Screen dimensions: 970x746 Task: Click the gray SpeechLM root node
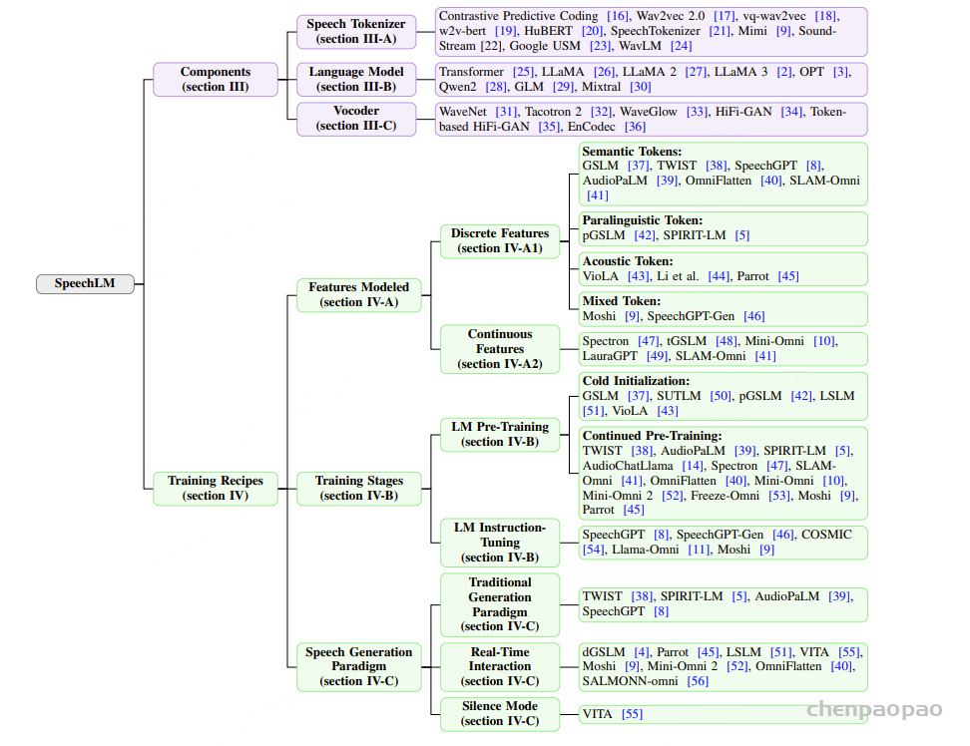click(85, 283)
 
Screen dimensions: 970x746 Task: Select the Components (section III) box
click(216, 79)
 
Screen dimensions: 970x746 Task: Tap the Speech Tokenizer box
click(356, 32)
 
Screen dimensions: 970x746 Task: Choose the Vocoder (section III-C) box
click(356, 119)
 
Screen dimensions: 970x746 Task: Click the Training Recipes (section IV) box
click(216, 489)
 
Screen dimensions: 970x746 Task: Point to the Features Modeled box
click(359, 295)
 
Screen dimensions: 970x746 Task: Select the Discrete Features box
click(500, 241)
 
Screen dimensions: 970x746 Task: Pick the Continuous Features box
click(500, 349)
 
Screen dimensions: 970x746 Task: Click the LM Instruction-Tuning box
click(500, 543)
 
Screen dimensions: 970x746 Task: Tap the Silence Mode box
click(500, 714)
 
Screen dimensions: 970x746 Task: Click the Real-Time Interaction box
click(500, 667)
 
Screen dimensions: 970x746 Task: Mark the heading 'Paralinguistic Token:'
click(642, 220)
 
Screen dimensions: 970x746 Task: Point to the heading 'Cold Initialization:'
click(636, 381)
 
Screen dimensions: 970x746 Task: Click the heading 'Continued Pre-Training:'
click(652, 436)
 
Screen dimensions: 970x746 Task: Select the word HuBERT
click(549, 31)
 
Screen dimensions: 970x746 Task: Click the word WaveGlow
click(649, 112)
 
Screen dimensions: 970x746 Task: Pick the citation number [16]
click(618, 16)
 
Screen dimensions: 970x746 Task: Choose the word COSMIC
click(826, 535)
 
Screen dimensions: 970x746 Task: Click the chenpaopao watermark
click(875, 709)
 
